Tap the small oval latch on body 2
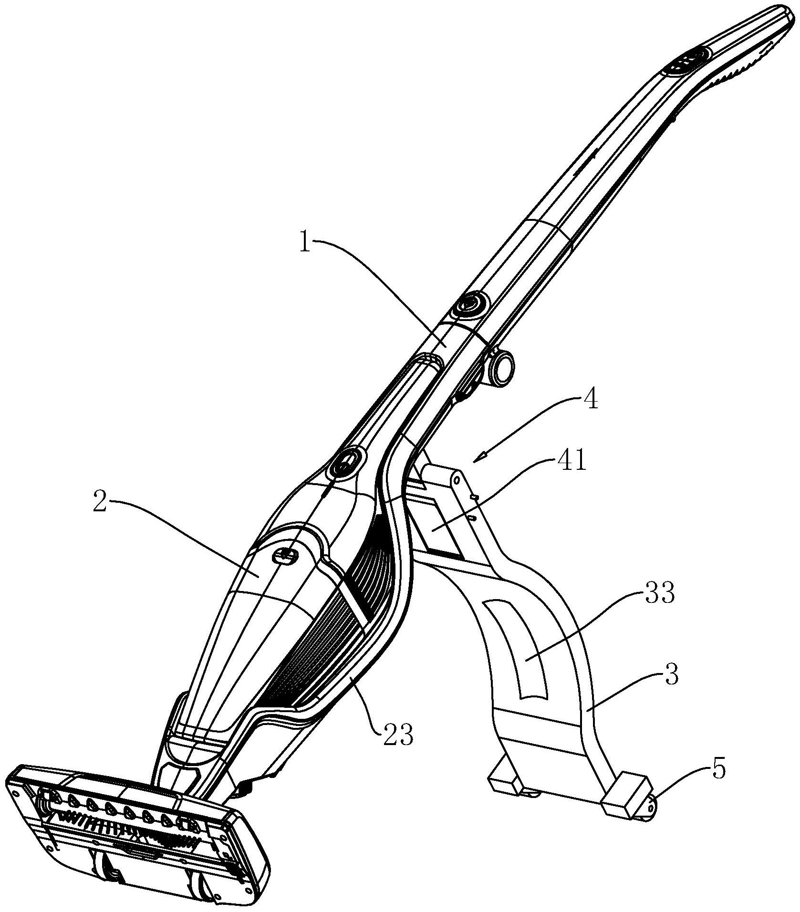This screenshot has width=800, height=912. (284, 555)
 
